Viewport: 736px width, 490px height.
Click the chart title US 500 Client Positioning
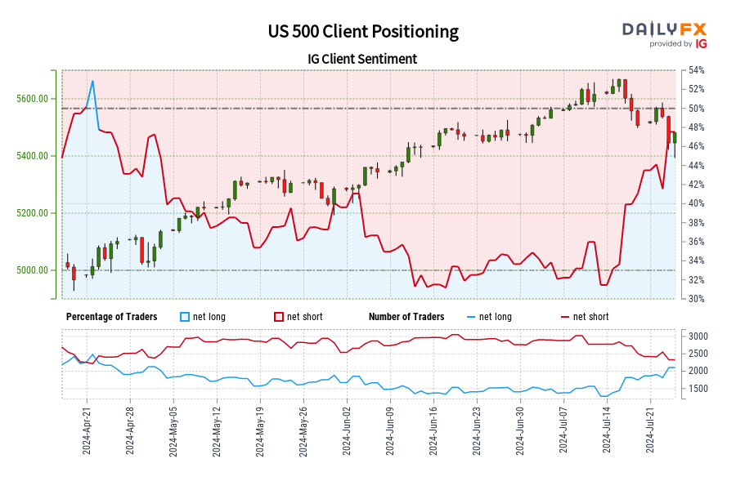[x=363, y=32]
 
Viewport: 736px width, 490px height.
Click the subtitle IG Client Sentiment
[x=363, y=59]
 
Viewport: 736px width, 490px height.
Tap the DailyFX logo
[x=665, y=29]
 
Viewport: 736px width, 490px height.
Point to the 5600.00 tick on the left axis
[x=34, y=99]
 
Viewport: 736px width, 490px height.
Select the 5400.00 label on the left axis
[x=34, y=156]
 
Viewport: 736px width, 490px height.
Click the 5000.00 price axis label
[x=34, y=270]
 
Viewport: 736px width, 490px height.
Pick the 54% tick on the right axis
[x=696, y=70]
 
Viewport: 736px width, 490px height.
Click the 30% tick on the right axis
[x=696, y=299]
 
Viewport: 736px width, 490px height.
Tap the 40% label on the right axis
[x=696, y=203]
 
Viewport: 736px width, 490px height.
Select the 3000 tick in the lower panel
[x=698, y=336]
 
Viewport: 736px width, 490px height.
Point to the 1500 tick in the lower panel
[x=698, y=389]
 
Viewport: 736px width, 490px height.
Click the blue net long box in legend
[x=184, y=317]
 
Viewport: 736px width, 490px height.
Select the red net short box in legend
[x=278, y=317]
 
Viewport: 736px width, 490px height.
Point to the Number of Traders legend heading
[x=406, y=317]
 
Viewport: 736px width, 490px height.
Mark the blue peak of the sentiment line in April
[x=92, y=81]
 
